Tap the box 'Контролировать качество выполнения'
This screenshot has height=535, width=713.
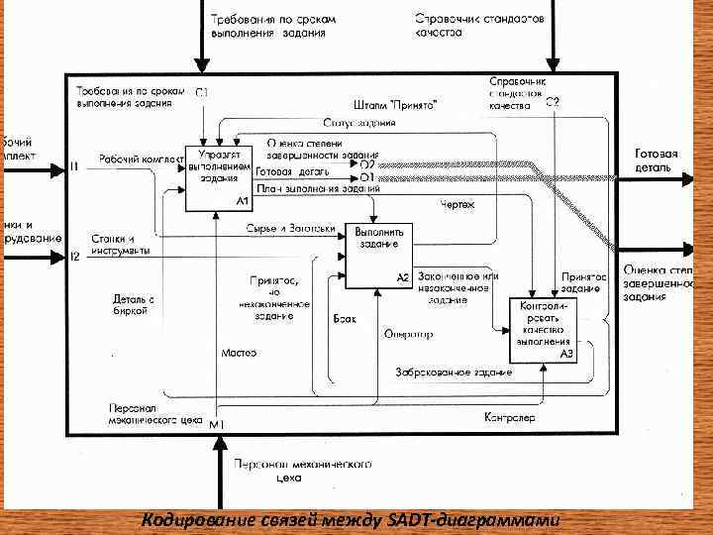[544, 329]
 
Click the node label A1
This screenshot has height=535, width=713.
[242, 200]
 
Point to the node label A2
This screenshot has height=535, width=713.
[403, 277]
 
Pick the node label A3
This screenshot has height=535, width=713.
[567, 354]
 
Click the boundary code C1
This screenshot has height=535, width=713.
[202, 93]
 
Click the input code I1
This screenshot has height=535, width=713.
[74, 166]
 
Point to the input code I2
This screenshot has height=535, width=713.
[74, 257]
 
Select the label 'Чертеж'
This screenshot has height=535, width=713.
[458, 205]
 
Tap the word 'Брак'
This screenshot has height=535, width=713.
[344, 319]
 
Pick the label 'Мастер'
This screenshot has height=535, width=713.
[239, 353]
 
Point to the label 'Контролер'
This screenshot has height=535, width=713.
[509, 418]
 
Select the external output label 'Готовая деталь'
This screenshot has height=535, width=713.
[656, 160]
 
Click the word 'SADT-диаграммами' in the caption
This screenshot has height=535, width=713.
[487, 521]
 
